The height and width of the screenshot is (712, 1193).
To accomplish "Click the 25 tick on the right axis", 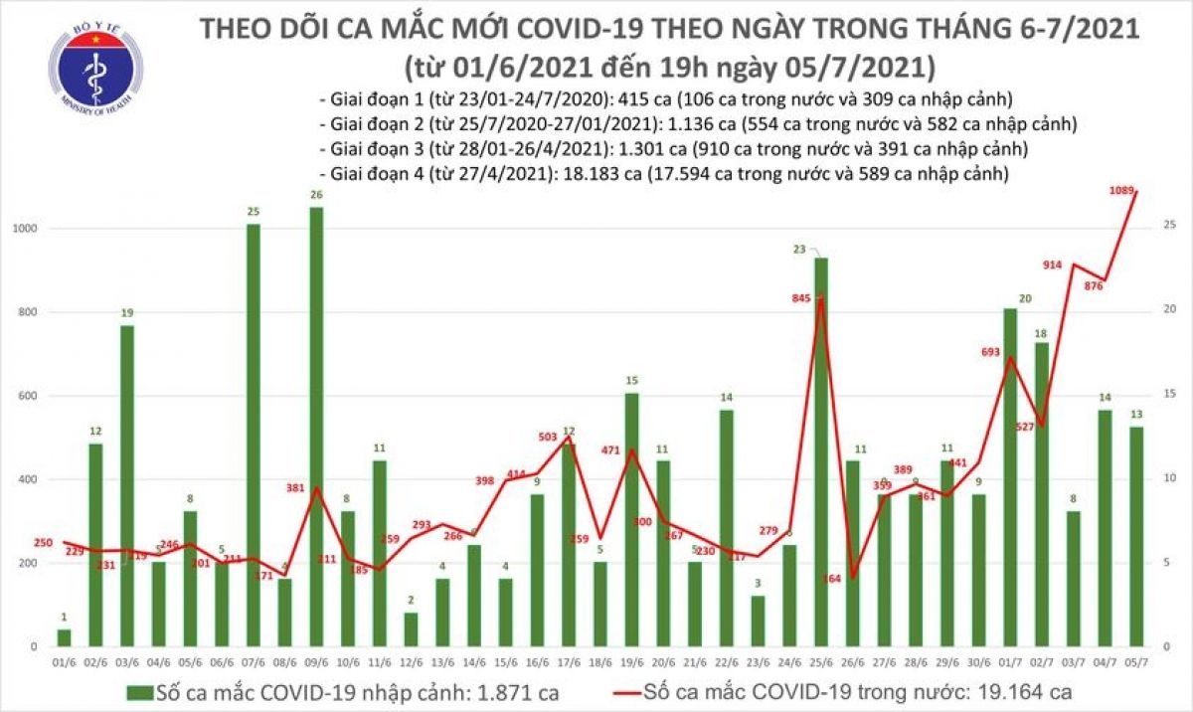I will click(1169, 227).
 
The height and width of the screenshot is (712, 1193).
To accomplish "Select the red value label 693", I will click(987, 354).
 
